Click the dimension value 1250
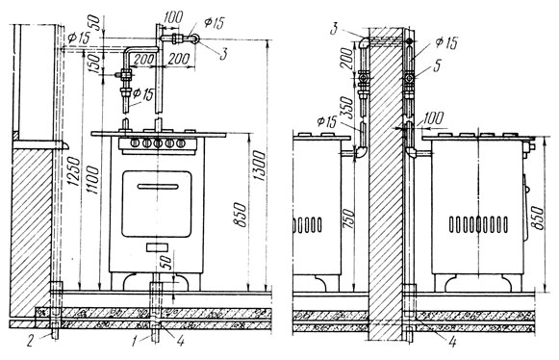tap(74, 171)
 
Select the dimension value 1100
tap(93, 180)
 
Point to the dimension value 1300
tap(259, 166)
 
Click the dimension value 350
tap(346, 107)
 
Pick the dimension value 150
tap(96, 64)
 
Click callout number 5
tap(437, 65)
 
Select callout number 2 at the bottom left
tap(30, 341)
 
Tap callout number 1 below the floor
tap(134, 342)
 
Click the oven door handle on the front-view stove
tap(158, 186)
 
